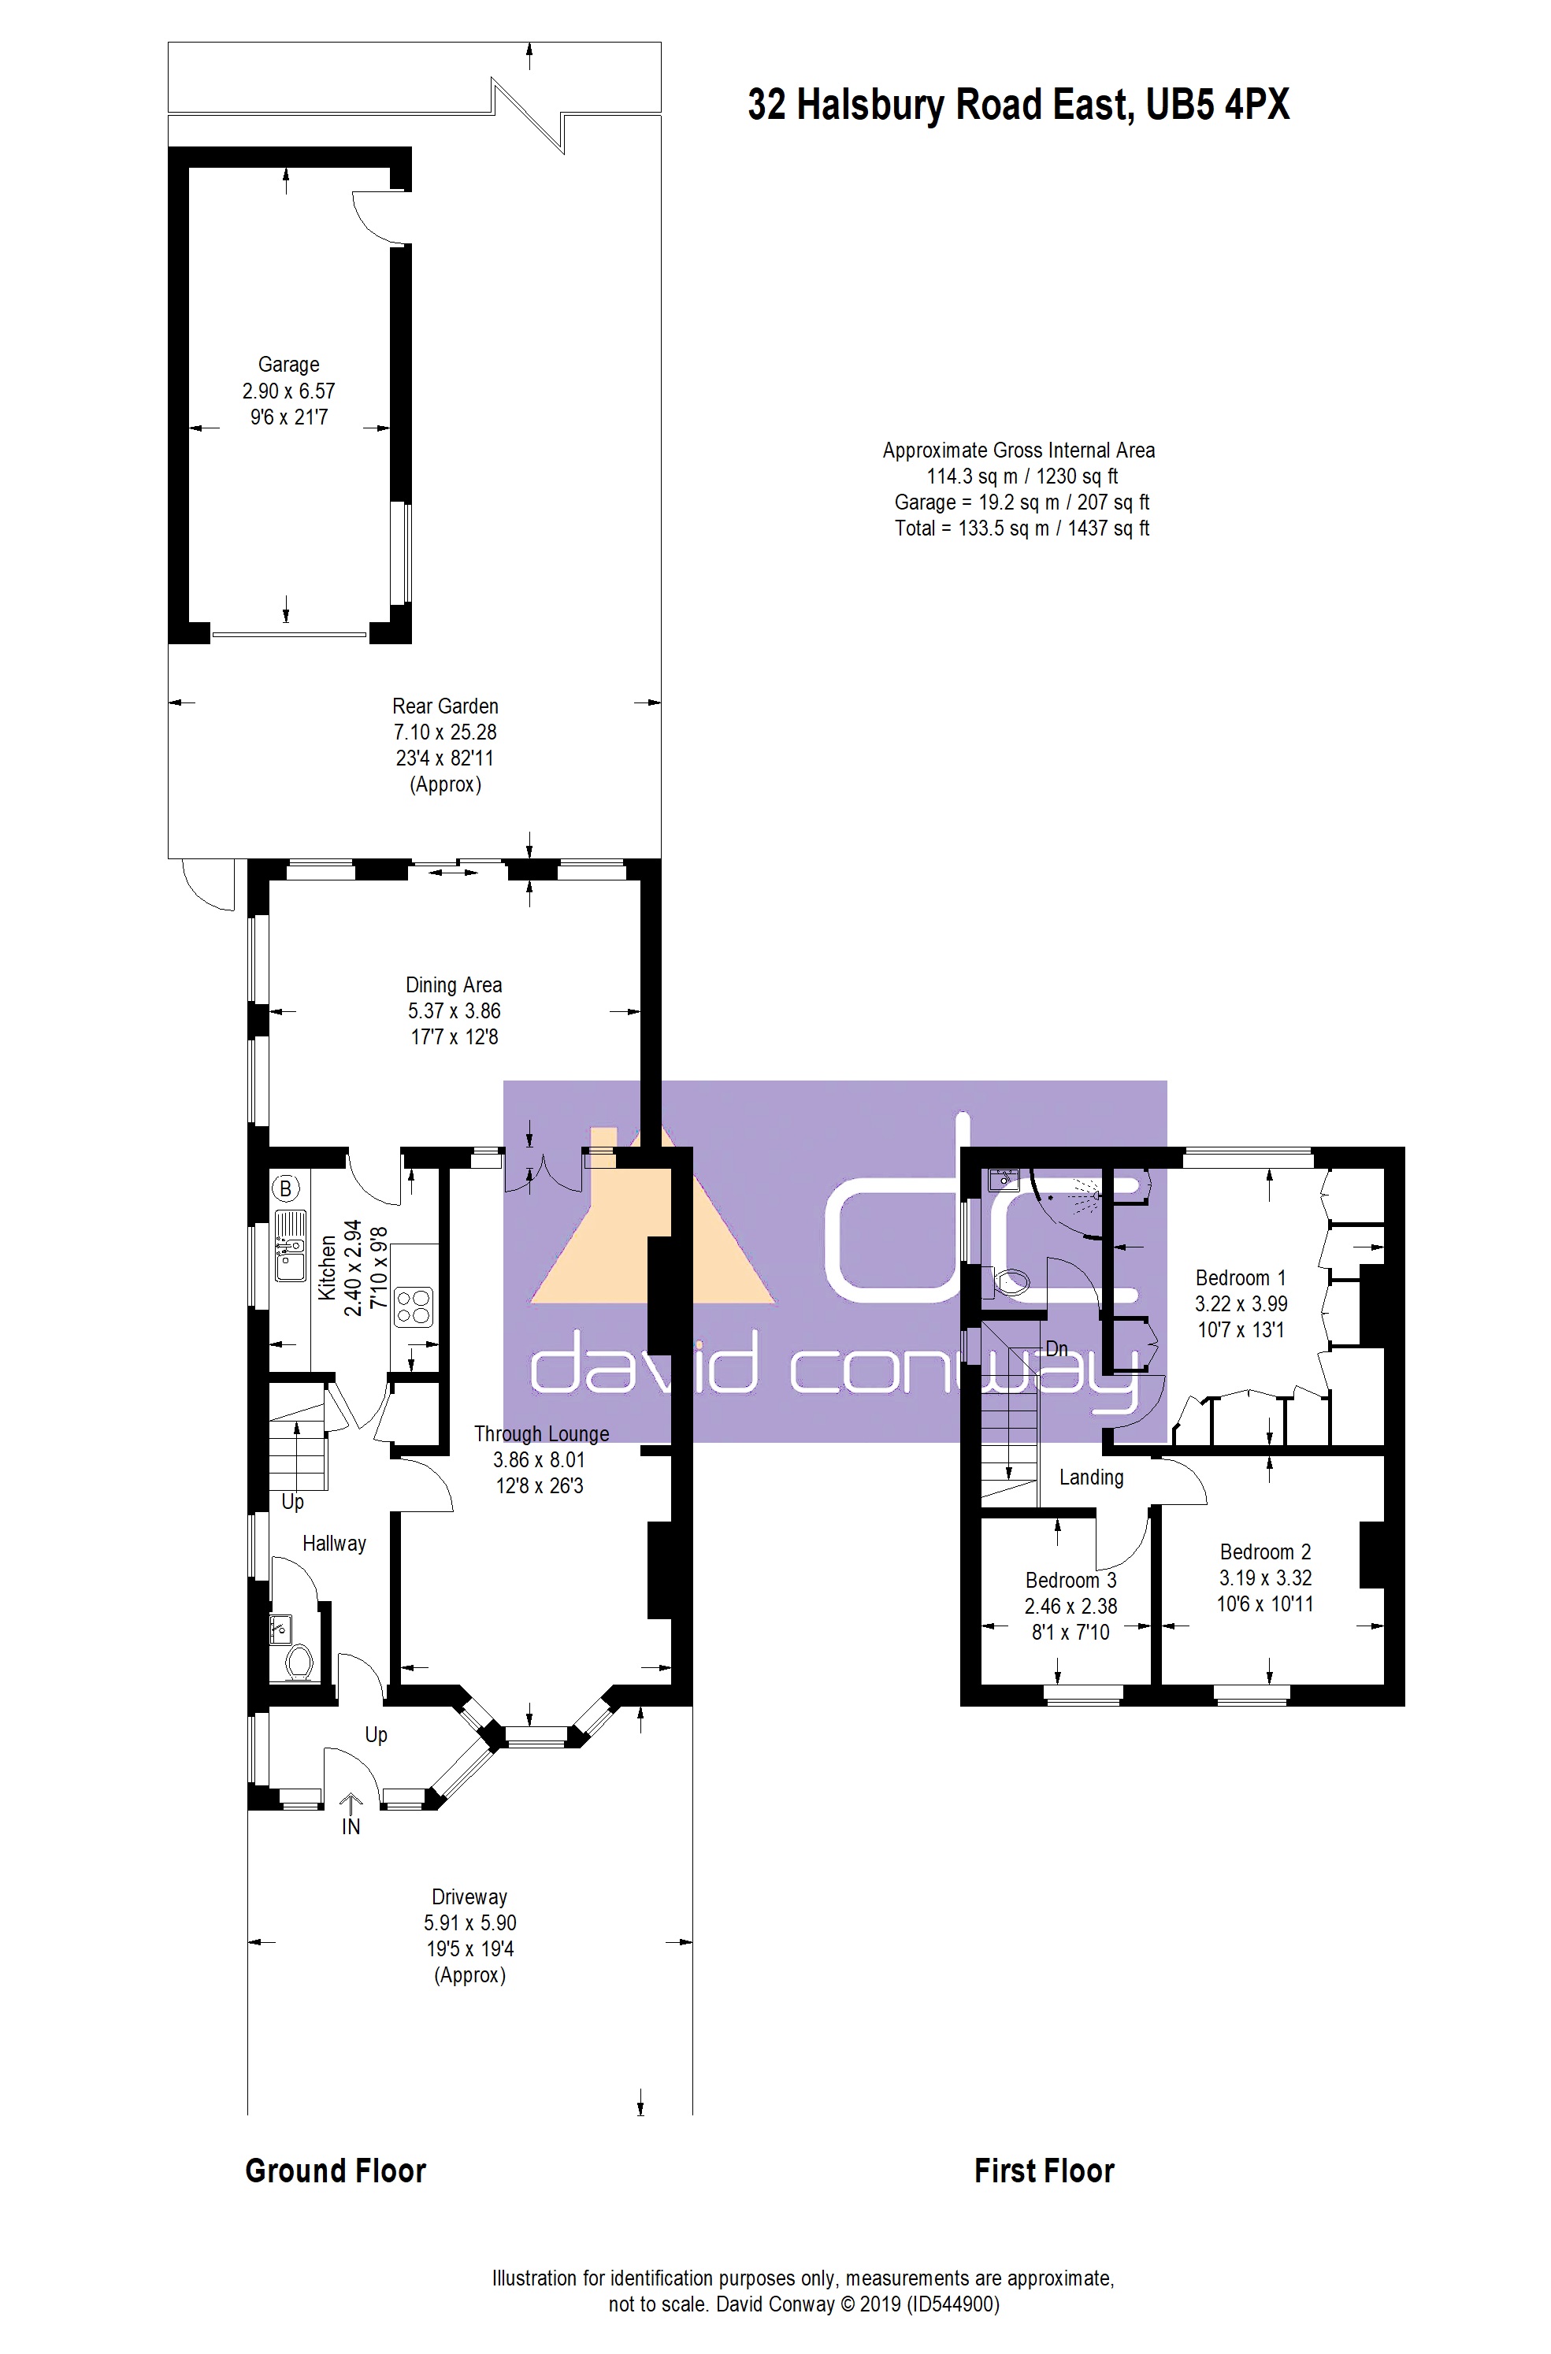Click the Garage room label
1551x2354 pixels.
click(289, 364)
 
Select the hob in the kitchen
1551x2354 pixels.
click(414, 1307)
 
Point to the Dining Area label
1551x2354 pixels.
click(454, 985)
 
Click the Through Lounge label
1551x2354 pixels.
click(541, 1433)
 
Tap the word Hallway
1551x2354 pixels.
click(334, 1543)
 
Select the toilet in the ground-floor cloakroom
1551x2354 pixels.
click(299, 1662)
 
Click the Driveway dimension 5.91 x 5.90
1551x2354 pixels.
click(469, 1922)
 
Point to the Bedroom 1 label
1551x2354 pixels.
click(1241, 1278)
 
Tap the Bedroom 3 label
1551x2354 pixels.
click(1070, 1581)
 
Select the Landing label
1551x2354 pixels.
click(1091, 1477)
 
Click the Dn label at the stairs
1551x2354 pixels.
click(1056, 1348)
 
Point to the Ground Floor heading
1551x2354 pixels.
click(336, 2171)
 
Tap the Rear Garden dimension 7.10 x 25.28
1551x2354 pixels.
click(445, 732)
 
